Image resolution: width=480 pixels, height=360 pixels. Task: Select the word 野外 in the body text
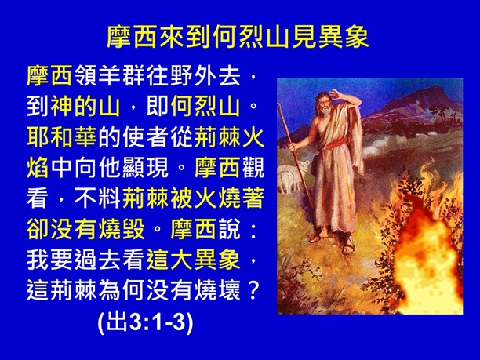tap(197, 77)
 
